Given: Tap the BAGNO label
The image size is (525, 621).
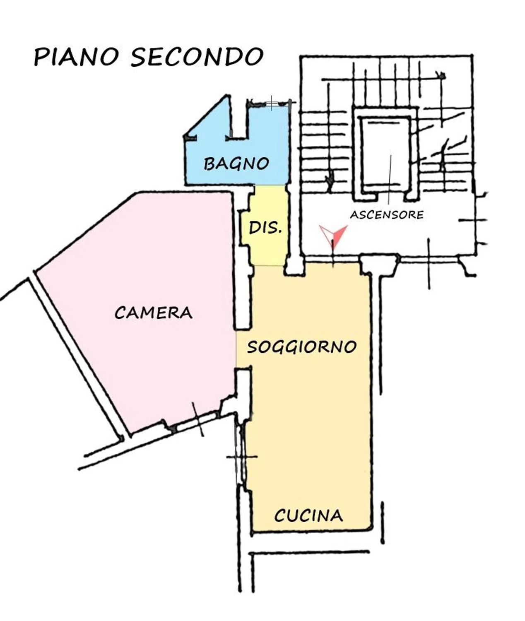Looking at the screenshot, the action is pos(236,164).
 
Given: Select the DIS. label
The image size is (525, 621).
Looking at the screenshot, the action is pos(265,229).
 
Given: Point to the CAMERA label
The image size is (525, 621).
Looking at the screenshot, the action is pos(154,313).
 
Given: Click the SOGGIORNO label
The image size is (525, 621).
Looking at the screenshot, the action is pos(302,347).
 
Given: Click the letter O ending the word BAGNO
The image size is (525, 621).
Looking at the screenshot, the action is pos(262,164).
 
